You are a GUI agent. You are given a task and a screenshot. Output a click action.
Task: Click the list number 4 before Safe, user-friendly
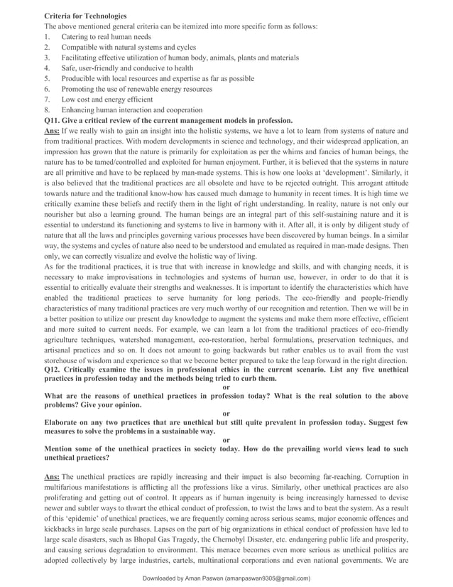click(x=47, y=68)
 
